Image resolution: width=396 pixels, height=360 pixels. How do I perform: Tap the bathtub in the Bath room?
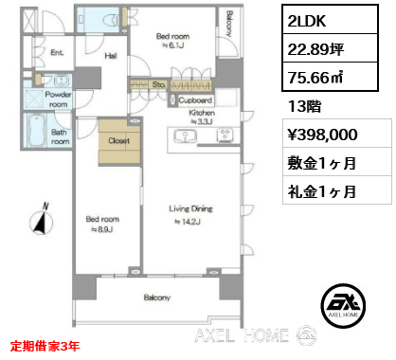[37, 131]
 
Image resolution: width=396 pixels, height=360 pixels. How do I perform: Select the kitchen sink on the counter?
[185, 136]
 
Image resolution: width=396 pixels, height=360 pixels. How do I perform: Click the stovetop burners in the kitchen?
[225, 135]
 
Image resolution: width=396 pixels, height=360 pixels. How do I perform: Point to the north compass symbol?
[42, 221]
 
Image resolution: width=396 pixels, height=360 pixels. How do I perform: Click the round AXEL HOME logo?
[343, 305]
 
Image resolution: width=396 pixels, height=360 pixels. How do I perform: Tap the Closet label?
[118, 140]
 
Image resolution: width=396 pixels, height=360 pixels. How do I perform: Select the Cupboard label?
[195, 100]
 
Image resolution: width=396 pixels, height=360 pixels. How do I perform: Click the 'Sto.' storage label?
[158, 84]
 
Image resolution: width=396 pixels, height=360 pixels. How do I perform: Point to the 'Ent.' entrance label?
[57, 52]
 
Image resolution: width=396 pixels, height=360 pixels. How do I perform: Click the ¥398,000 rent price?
[322, 135]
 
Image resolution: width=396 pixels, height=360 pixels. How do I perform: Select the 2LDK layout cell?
[330, 19]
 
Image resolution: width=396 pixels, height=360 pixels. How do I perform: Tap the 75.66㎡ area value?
[330, 77]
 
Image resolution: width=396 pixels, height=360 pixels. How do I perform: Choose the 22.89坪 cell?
[330, 48]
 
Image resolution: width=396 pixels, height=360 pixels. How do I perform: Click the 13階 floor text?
[304, 106]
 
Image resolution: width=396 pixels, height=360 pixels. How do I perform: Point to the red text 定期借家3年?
[45, 347]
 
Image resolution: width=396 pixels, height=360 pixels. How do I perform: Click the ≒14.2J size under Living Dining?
[188, 222]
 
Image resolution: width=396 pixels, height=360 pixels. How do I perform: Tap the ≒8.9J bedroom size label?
[102, 229]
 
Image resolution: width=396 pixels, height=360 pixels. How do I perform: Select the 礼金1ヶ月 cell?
[337, 191]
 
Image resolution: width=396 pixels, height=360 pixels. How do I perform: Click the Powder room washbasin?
[59, 81]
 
